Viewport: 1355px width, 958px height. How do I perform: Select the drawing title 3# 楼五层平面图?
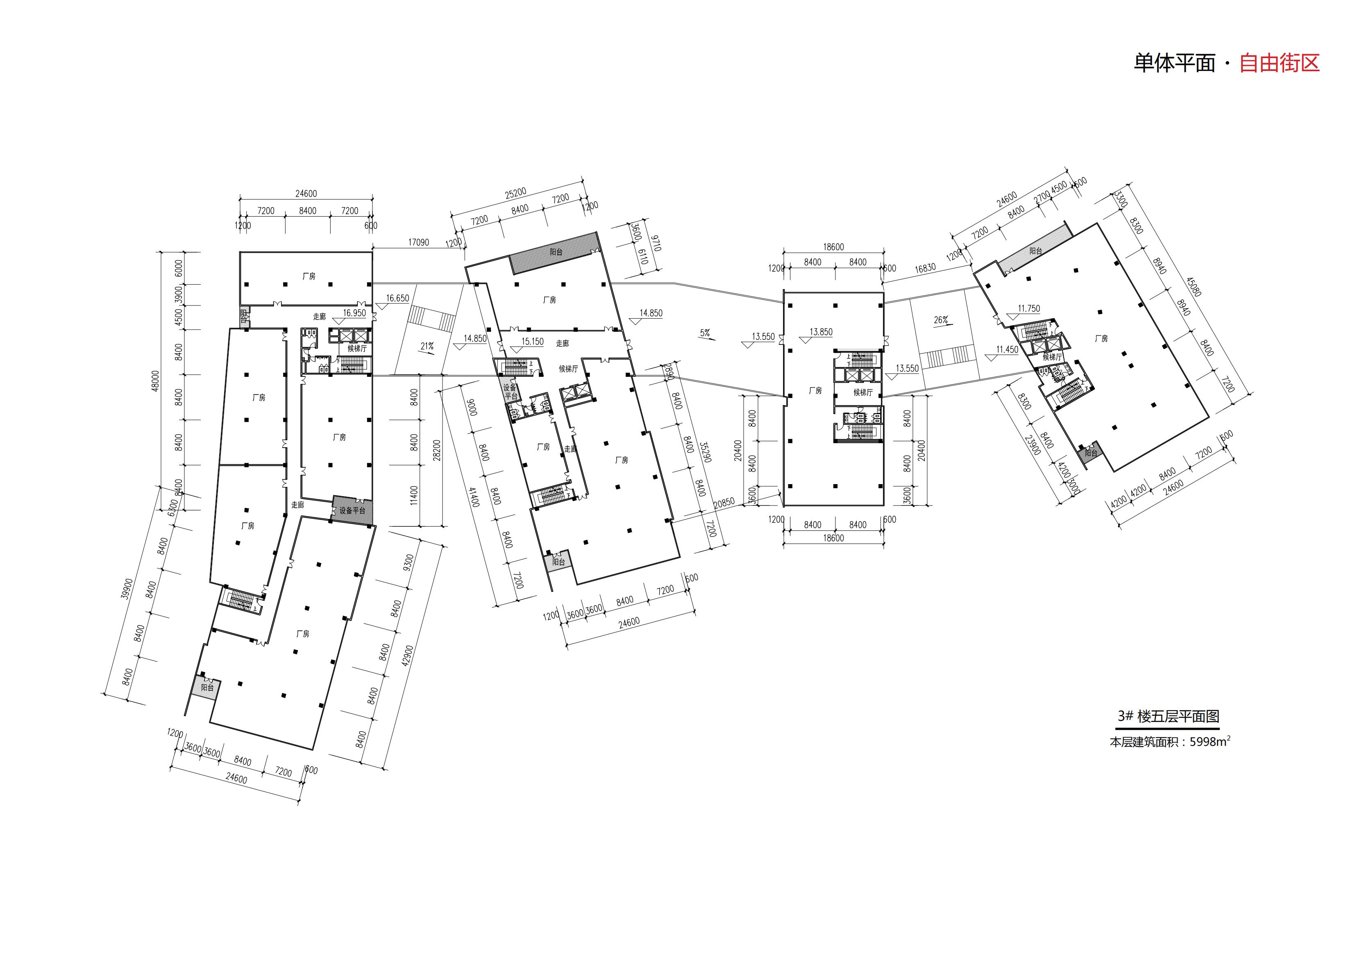(1168, 716)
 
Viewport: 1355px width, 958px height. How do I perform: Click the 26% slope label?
(941, 320)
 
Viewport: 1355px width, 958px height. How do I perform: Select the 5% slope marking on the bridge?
(705, 333)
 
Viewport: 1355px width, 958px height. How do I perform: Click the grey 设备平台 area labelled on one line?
(352, 510)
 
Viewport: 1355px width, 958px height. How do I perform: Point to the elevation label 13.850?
(821, 332)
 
